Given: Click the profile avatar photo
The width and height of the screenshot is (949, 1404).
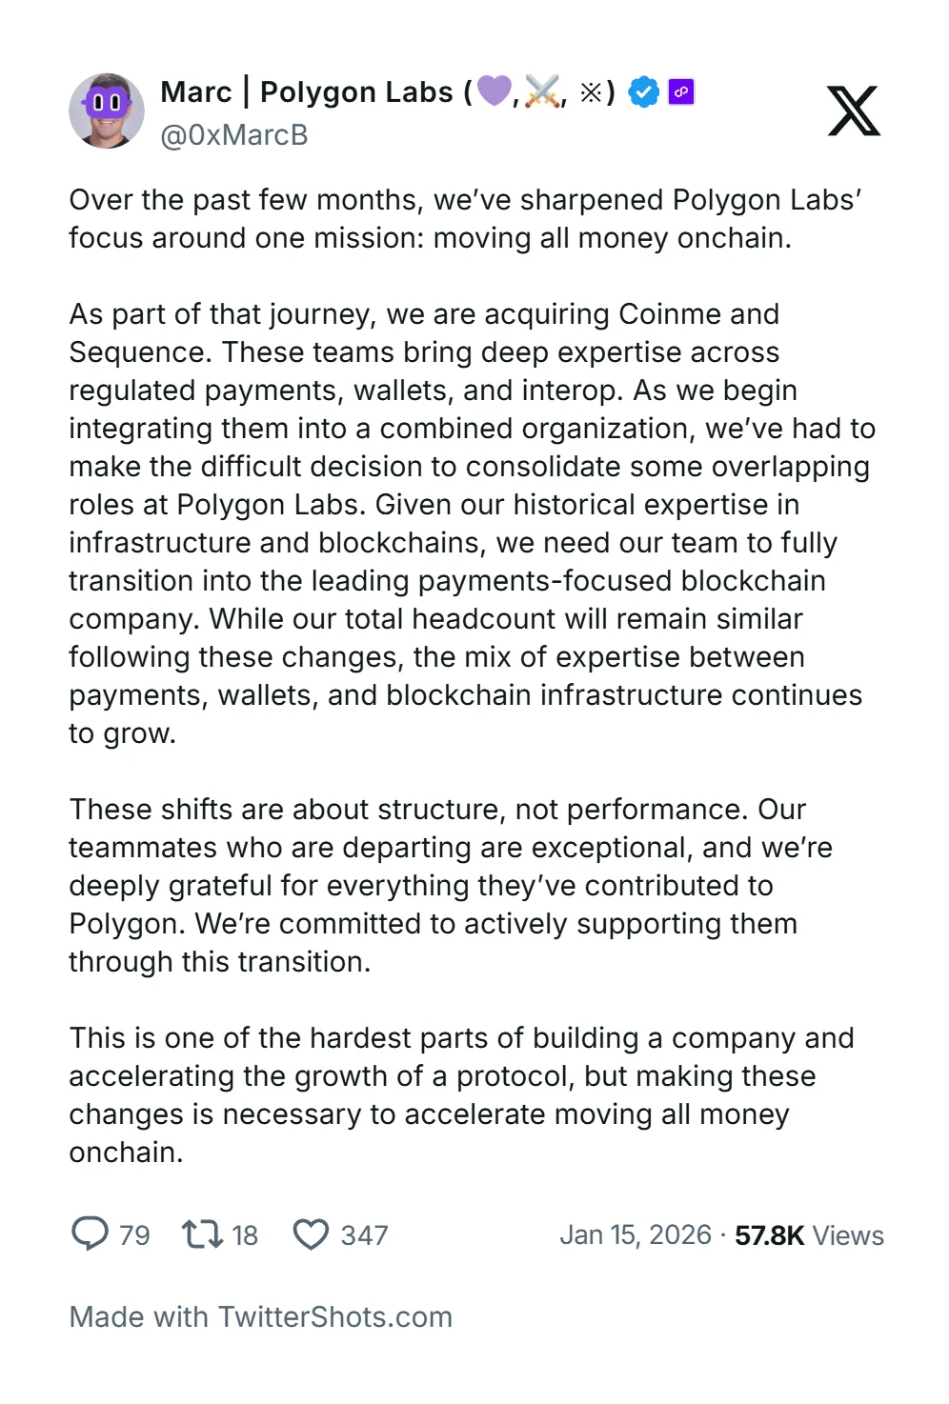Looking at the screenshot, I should tap(107, 110).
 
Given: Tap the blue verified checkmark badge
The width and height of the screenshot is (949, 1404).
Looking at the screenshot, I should tap(644, 92).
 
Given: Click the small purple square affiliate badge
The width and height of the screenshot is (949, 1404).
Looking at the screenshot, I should tap(681, 91).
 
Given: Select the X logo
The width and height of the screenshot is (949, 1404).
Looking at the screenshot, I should tap(854, 110).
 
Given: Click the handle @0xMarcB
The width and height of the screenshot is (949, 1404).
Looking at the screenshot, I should tap(234, 135).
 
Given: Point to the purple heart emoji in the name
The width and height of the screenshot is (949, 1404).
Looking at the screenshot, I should tap(494, 91).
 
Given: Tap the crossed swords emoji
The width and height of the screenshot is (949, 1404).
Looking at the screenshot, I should tap(542, 92).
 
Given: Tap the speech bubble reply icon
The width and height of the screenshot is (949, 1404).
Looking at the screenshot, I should tap(91, 1234).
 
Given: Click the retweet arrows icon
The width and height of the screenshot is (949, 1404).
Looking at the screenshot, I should tap(202, 1234).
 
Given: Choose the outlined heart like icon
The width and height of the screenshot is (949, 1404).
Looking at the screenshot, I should tap(311, 1234).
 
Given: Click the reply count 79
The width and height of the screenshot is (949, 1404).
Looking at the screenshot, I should tap(134, 1235).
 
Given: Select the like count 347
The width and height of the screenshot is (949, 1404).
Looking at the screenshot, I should tap(364, 1235).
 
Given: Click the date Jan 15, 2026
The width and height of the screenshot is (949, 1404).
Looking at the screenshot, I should tap(636, 1235).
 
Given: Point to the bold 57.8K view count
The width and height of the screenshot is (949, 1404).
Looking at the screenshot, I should tap(770, 1235).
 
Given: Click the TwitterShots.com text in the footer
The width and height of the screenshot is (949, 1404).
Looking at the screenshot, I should tap(335, 1317).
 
